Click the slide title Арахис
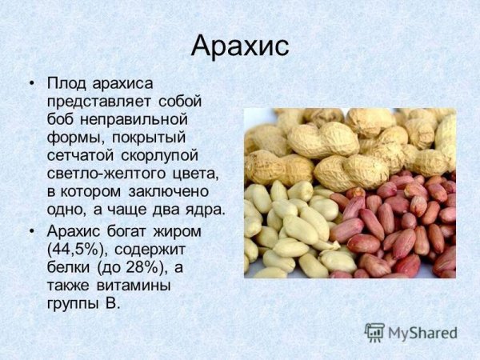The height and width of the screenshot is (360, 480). pos(240,46)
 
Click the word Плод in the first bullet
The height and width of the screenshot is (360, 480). pos(67,83)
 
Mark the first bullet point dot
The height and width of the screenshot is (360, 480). pos(32,83)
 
